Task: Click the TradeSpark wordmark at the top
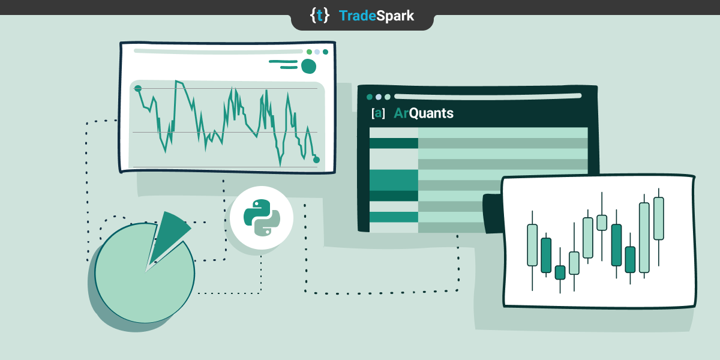click(376, 16)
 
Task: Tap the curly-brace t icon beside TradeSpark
click(319, 16)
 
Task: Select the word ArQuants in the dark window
click(424, 113)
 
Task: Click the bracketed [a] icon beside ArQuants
click(378, 113)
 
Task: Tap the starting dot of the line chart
click(137, 89)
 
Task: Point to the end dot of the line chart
click(316, 160)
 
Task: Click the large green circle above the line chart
click(308, 66)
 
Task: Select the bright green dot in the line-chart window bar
click(309, 52)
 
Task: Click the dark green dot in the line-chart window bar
click(325, 52)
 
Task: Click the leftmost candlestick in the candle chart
click(532, 245)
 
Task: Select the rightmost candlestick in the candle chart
click(658, 218)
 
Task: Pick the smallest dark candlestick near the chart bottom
click(560, 272)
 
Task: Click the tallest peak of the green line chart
click(176, 82)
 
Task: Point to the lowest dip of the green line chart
click(280, 164)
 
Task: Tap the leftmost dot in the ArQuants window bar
click(370, 97)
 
